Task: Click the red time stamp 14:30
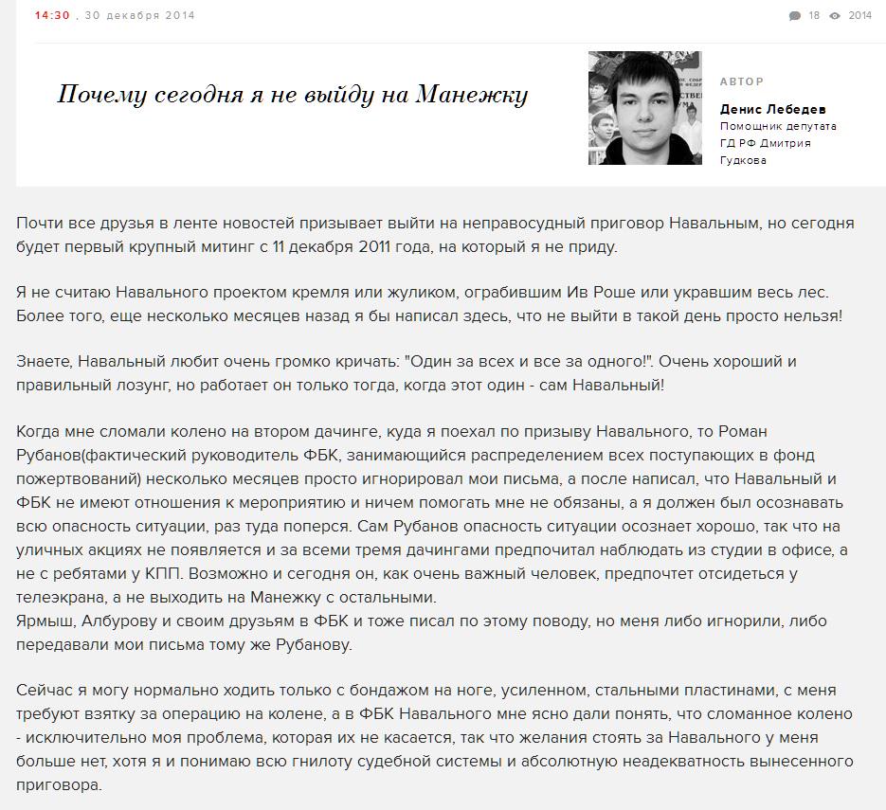tap(52, 15)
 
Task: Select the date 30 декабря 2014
tap(140, 15)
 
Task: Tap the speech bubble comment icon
tap(794, 15)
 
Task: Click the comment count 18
tap(814, 15)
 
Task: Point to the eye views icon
tap(836, 15)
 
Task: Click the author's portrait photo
tap(644, 108)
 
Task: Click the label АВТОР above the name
tap(742, 81)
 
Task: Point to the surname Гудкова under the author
tap(744, 160)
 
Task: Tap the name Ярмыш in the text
tap(45, 621)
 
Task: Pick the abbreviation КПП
tap(167, 574)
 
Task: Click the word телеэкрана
tap(63, 598)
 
